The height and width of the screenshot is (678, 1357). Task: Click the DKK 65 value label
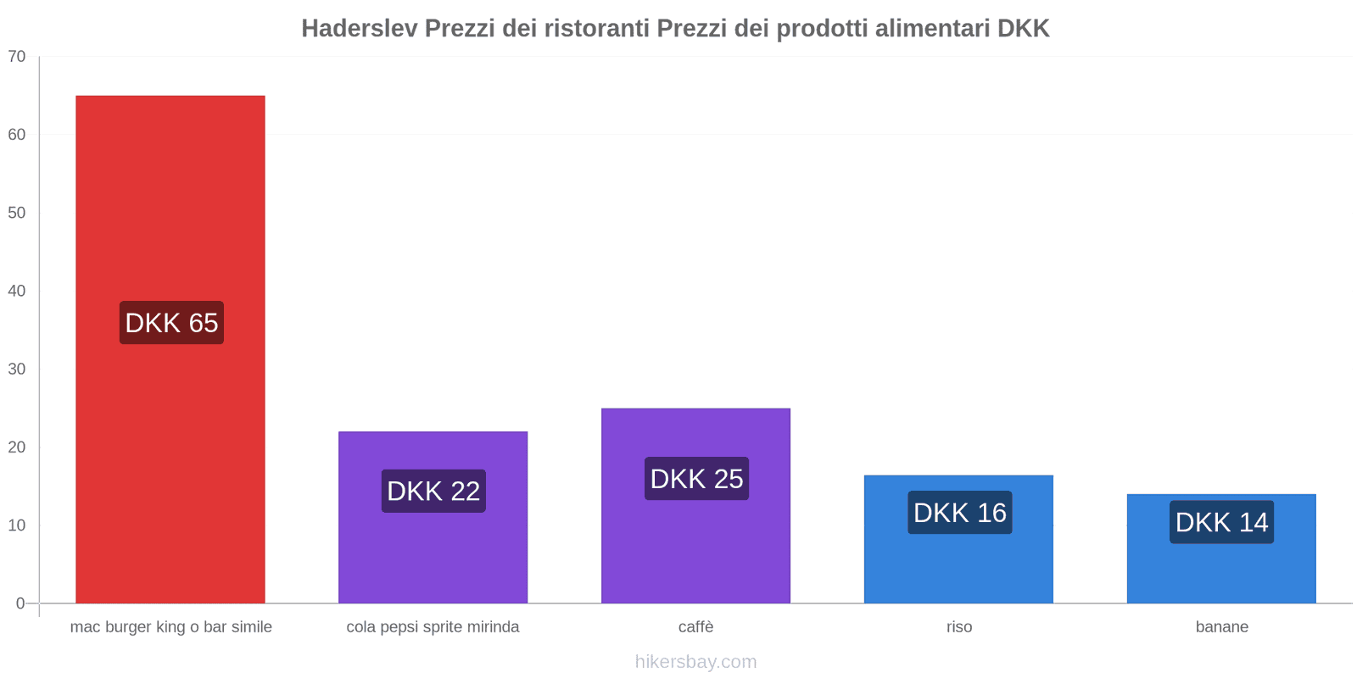pyautogui.click(x=171, y=323)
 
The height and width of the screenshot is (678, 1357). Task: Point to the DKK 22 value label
pyautogui.click(x=433, y=491)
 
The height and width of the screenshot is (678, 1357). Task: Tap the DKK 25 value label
pyautogui.click(x=696, y=479)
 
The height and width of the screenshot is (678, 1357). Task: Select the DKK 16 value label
pyautogui.click(x=959, y=513)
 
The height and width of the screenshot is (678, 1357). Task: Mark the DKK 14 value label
pyautogui.click(x=1221, y=522)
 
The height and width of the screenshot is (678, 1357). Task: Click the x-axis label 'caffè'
pyautogui.click(x=695, y=627)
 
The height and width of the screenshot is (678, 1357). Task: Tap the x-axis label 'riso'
pyautogui.click(x=959, y=627)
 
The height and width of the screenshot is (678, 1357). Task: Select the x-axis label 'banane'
pyautogui.click(x=1221, y=627)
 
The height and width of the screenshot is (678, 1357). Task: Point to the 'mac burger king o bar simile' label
pyautogui.click(x=170, y=627)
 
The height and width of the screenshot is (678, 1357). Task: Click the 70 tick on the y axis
pyautogui.click(x=17, y=57)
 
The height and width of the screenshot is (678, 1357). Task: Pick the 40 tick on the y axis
pyautogui.click(x=17, y=291)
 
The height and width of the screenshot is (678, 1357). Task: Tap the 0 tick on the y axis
pyautogui.click(x=20, y=603)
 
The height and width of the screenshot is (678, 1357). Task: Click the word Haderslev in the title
pyautogui.click(x=359, y=29)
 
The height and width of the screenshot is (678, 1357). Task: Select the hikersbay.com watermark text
pyautogui.click(x=695, y=662)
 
